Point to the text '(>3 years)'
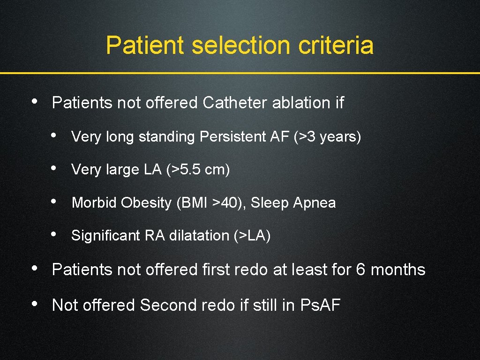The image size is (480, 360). coord(327,137)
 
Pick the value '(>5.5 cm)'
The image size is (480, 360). coord(198,170)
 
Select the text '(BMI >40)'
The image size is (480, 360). coord(211,203)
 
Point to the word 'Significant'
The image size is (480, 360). coord(106,236)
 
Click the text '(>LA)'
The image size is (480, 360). coord(252,236)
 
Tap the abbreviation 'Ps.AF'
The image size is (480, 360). coord(320,306)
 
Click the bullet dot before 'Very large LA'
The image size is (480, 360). coord(55,167)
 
